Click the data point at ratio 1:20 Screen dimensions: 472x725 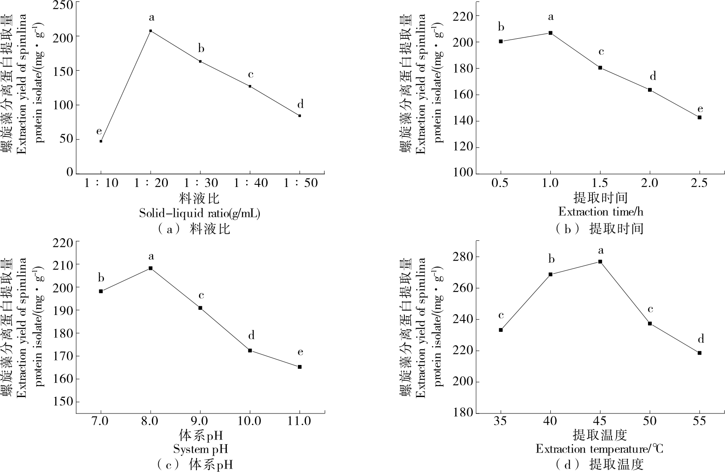point(151,31)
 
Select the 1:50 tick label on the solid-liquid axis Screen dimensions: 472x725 point(300,183)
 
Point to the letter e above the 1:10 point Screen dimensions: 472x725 point(99,131)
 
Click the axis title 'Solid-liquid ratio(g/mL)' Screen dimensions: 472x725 point(199,213)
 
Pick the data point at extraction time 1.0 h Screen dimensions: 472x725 point(550,33)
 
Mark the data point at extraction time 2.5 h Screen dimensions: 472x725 point(699,117)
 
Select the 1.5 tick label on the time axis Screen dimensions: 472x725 point(600,183)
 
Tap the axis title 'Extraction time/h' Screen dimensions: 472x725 point(600,211)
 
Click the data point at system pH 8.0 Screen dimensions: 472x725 point(151,268)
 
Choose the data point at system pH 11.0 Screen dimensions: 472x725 point(300,367)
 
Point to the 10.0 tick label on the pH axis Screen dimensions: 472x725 point(250,421)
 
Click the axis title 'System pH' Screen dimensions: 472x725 point(200,449)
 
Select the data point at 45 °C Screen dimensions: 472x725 point(600,261)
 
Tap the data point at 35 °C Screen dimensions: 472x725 point(501,330)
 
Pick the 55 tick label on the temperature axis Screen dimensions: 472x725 point(699,421)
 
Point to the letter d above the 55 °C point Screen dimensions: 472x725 point(701,339)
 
